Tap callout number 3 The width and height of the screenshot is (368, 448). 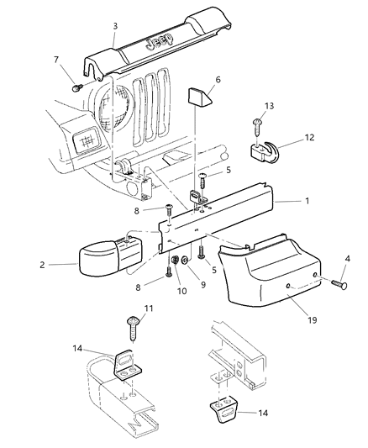point(114,26)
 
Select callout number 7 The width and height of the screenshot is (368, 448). point(56,60)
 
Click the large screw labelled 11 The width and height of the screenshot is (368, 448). point(134,322)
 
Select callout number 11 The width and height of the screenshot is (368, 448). point(150,310)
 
